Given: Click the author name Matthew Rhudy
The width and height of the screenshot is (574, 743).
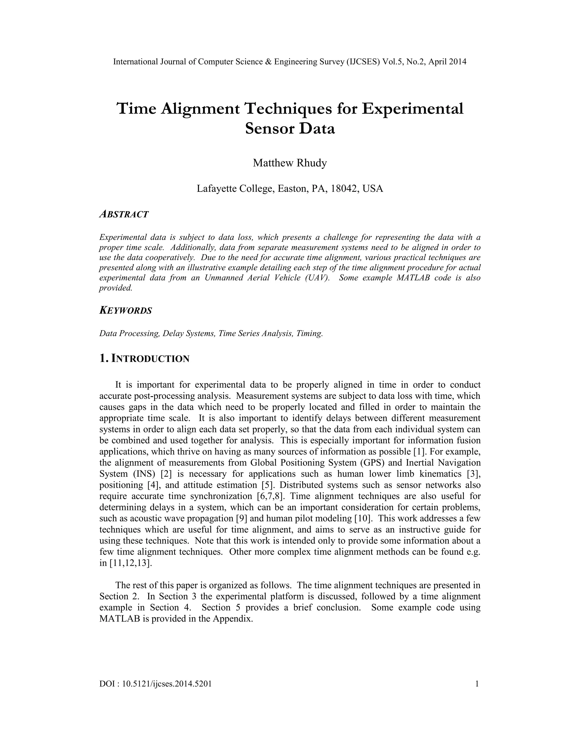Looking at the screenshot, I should pos(290,163).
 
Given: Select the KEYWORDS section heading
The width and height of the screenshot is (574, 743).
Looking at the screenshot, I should pos(126,311).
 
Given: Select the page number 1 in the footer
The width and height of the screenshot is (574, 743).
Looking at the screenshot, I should pos(477,684).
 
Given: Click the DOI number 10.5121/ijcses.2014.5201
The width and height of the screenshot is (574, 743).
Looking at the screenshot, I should pos(167,684).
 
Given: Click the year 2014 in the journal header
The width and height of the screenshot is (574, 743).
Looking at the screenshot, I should pos(457,62).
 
